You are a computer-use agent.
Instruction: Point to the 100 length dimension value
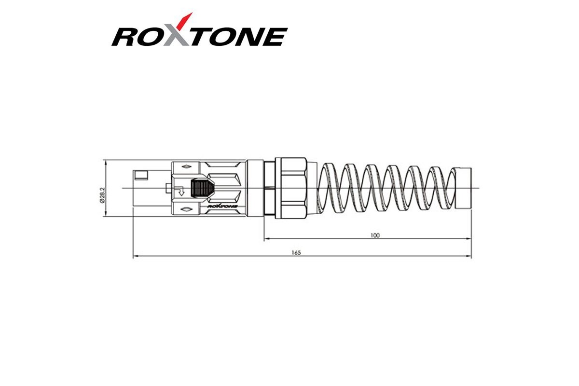point(375,235)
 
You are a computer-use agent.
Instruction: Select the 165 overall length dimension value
point(296,253)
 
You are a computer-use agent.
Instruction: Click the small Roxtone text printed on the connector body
point(222,207)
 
